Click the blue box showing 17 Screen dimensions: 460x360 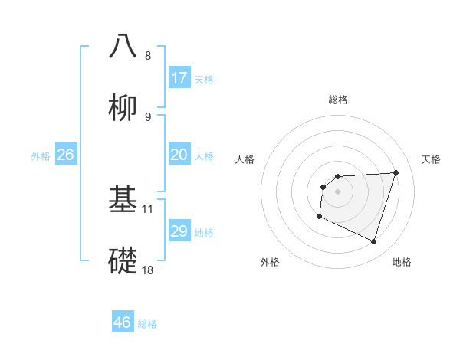pyautogui.click(x=179, y=78)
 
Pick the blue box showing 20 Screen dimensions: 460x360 pyautogui.click(x=179, y=155)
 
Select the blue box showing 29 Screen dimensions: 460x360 pyautogui.click(x=179, y=231)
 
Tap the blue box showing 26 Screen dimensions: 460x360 pyautogui.click(x=66, y=155)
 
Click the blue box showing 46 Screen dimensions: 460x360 pyautogui.click(x=123, y=322)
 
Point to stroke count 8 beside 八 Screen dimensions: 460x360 pyautogui.click(x=148, y=56)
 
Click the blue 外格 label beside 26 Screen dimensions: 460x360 pyautogui.click(x=41, y=156)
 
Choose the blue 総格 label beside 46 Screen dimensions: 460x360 pyautogui.click(x=147, y=324)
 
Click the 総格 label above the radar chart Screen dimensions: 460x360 pyautogui.click(x=338, y=100)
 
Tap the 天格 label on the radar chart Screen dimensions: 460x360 pyautogui.click(x=432, y=159)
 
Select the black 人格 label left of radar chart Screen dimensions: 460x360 pyautogui.click(x=245, y=159)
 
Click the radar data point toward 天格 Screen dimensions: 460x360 pyautogui.click(x=396, y=172)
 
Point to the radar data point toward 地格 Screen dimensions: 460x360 pyautogui.click(x=373, y=241)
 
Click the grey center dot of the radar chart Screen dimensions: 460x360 pyautogui.click(x=338, y=191)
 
